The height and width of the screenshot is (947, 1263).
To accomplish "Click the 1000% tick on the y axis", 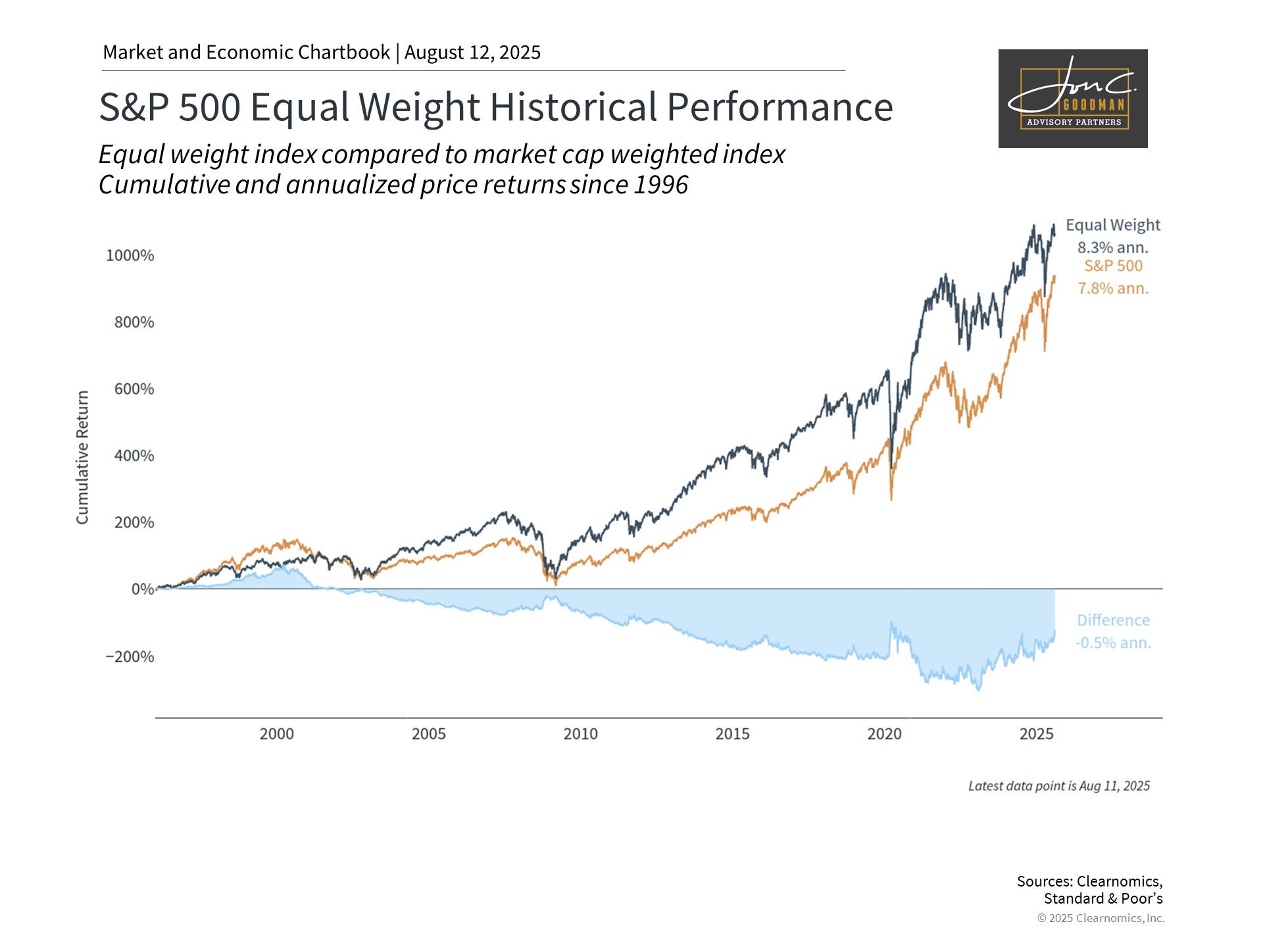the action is (130, 255).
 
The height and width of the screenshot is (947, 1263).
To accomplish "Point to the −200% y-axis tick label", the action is (130, 656).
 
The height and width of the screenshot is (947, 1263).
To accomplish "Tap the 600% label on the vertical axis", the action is (134, 389).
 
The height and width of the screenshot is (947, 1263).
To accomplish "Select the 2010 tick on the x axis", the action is (580, 734).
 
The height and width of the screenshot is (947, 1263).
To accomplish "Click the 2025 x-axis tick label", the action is (1036, 734).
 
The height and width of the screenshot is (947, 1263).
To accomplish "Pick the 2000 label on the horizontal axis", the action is (276, 734).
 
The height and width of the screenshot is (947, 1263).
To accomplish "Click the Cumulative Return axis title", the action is (82, 458).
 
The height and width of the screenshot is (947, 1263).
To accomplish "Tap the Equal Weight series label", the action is (1113, 226).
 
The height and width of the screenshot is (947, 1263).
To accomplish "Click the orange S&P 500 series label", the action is (1113, 266).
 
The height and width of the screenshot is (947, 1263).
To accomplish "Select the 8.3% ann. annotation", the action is (1113, 248).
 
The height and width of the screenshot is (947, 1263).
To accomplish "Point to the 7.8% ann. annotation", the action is (1113, 288).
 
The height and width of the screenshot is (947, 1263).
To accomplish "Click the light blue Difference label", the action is (1113, 620).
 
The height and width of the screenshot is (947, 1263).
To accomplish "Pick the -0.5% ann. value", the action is (1113, 643).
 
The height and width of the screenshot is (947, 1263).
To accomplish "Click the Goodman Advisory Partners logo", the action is (1073, 99).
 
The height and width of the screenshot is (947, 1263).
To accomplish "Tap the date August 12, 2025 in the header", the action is (472, 53).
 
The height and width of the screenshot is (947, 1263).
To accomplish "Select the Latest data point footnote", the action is (1059, 786).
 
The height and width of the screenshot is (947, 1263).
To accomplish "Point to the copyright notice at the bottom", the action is (1101, 918).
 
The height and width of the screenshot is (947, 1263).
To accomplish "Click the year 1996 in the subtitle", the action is (660, 185).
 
